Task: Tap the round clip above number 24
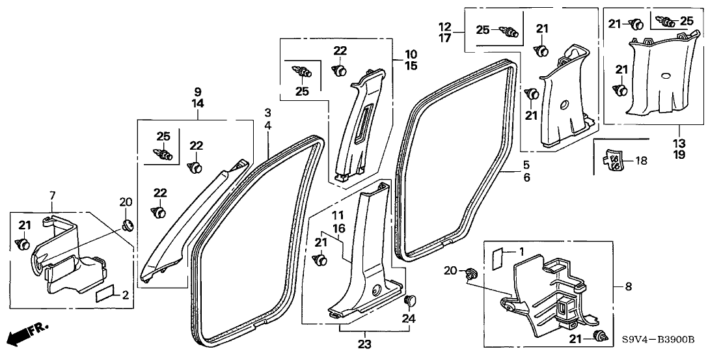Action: [411, 301]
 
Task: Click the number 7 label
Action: [51, 195]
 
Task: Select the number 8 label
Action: [628, 286]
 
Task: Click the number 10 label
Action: [411, 53]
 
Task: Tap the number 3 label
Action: [267, 113]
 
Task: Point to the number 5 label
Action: [526, 165]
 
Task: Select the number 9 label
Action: [198, 91]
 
